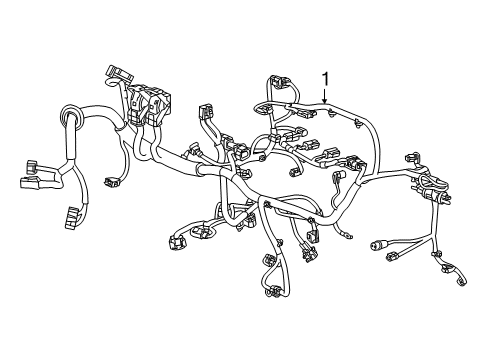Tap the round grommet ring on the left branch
(x=70, y=121)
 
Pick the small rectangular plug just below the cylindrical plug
(x=388, y=264)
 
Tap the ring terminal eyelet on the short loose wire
(x=346, y=234)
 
